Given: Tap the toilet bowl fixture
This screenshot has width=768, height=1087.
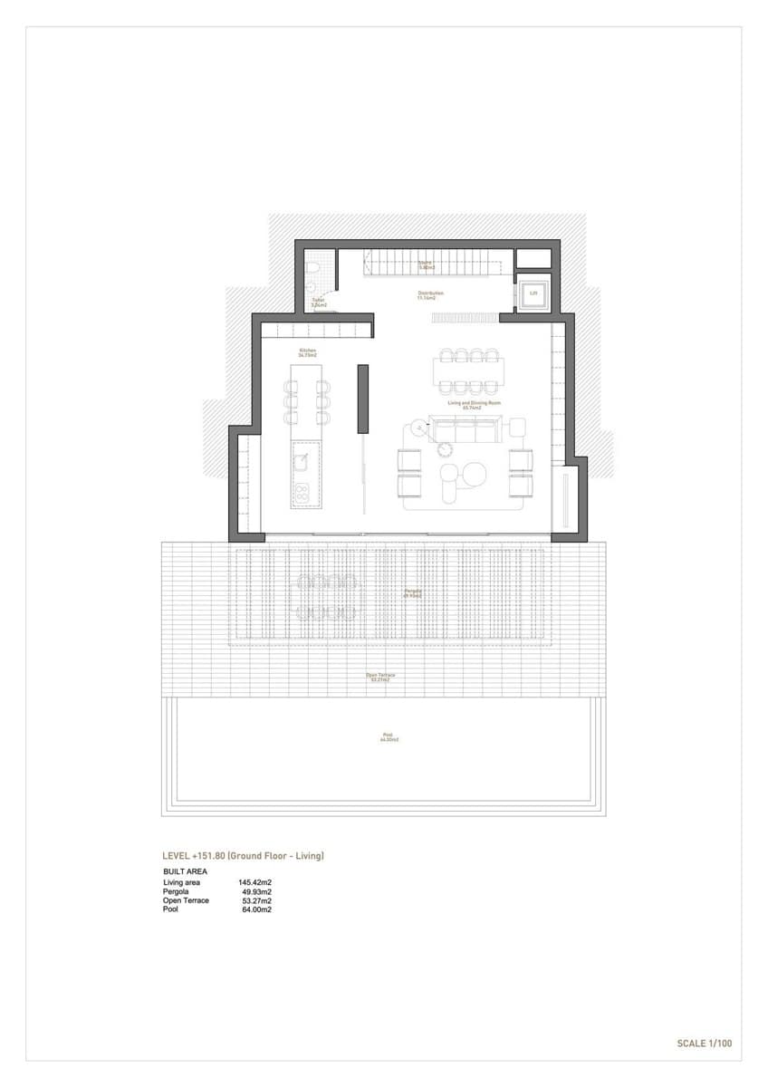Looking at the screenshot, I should [x=311, y=269].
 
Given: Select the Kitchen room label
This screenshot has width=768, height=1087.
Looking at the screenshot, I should [x=308, y=352].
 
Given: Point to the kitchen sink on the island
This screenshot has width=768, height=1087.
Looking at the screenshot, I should [x=301, y=462].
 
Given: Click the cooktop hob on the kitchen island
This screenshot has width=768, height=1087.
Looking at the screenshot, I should [x=301, y=494].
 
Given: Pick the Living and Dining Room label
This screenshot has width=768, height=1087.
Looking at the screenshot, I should [x=467, y=405].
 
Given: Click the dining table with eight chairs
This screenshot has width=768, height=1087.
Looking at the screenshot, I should [x=469, y=370].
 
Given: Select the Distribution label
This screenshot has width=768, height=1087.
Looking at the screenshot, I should [x=429, y=294].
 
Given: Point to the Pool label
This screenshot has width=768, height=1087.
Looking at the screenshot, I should [x=389, y=736].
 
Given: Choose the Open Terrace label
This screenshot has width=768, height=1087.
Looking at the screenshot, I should [x=380, y=677].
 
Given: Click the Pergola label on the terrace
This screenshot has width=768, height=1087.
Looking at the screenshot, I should [x=413, y=593].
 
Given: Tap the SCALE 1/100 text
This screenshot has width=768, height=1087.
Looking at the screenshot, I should [x=704, y=1044].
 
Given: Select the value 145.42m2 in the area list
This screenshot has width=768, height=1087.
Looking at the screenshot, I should [x=255, y=882].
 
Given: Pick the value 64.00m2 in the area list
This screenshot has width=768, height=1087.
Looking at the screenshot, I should [x=255, y=909].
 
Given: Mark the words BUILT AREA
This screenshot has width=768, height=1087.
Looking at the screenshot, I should [x=185, y=871].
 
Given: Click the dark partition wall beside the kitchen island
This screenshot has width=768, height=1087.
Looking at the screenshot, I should [x=362, y=399].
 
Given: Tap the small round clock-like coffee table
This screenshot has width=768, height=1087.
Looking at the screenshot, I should [x=445, y=447].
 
